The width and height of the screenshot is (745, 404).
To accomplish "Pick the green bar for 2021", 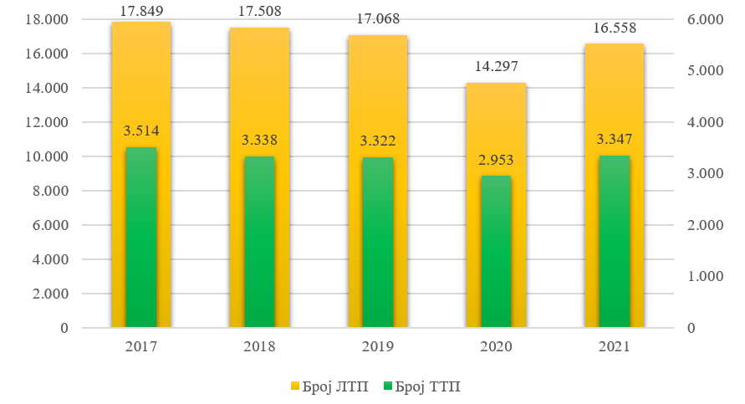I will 615,241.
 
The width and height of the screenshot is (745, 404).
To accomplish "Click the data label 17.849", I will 141,11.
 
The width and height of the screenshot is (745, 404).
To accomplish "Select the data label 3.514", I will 141,130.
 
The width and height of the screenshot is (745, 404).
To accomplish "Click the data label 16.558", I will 615,28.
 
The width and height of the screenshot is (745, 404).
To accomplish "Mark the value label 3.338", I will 259,140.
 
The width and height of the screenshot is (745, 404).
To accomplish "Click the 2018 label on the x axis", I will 259,345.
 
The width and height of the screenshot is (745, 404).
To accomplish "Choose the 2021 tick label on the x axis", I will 615,345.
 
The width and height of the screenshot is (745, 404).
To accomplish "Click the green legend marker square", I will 387,386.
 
